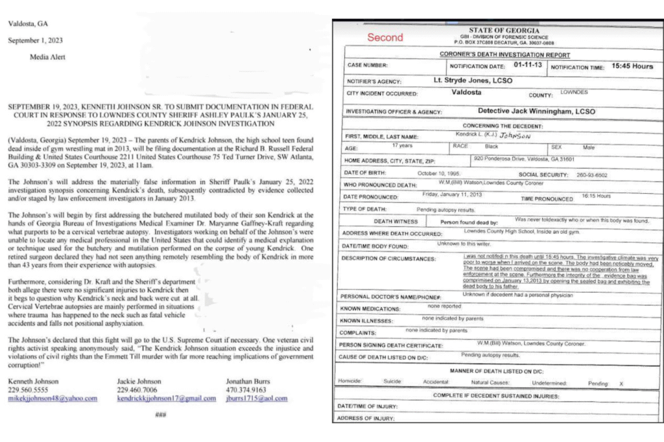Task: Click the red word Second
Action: pos(385,38)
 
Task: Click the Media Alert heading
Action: pos(47,57)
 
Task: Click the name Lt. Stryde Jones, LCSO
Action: pos(473,80)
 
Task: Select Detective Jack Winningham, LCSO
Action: pos(527,111)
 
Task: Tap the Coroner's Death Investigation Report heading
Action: pos(504,55)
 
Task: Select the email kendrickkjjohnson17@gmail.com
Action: pos(167,398)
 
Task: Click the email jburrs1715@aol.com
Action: pos(257,398)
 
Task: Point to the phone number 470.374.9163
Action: pos(246,390)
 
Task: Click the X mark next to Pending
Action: pos(621,383)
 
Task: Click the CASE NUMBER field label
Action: pos(368,66)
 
